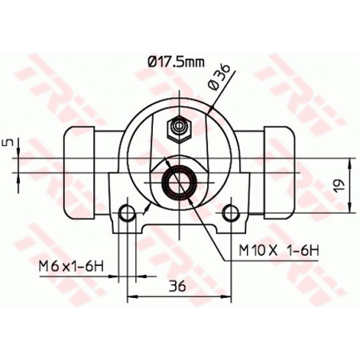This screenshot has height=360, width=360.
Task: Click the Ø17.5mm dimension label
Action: [x=176, y=62]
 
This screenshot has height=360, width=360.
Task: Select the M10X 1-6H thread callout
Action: [x=279, y=250]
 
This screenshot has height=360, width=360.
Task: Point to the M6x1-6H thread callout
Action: [x=71, y=266]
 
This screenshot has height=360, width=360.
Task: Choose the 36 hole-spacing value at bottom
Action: [x=178, y=286]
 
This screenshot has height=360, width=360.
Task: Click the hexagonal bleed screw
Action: [x=180, y=129]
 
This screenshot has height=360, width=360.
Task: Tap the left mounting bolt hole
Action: [x=127, y=213]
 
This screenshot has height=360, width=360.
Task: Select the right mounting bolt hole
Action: [x=231, y=213]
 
